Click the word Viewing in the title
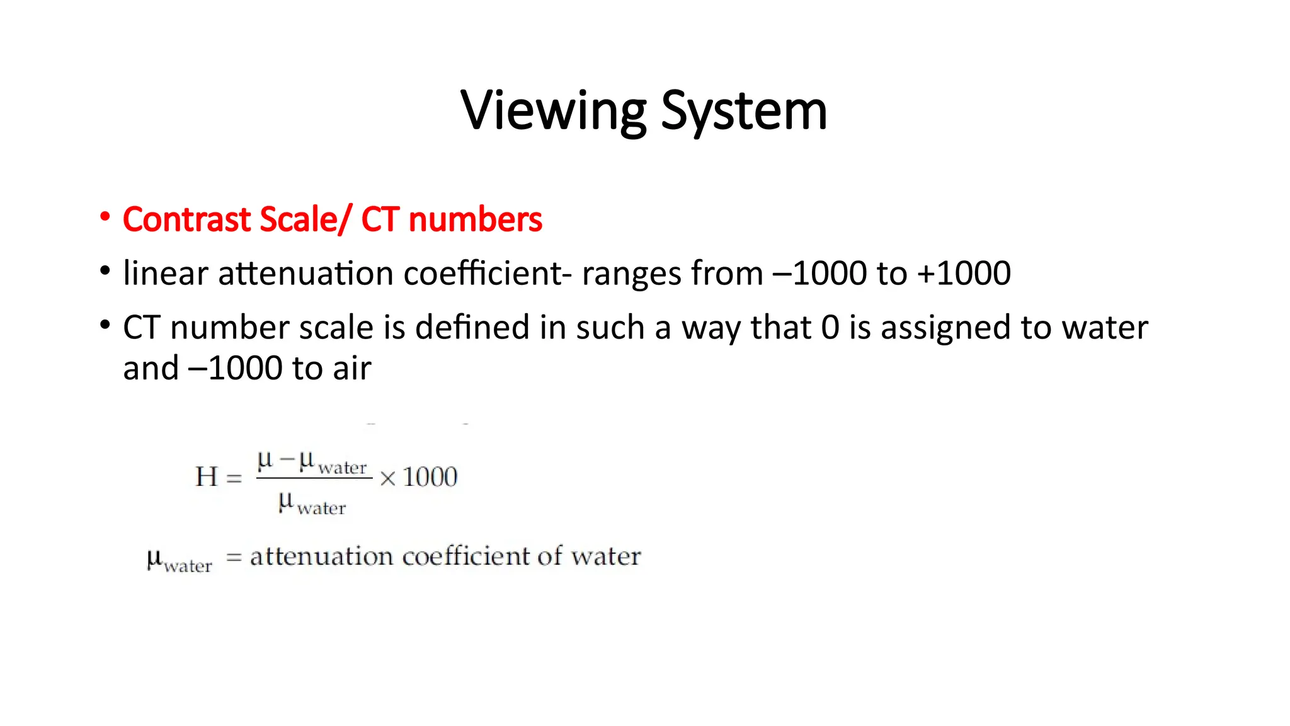pos(553,112)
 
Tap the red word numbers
pos(475,219)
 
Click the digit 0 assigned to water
pos(830,328)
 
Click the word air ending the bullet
pos(352,368)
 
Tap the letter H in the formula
pos(207,477)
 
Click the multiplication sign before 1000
pos(388,479)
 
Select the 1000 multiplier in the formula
pos(430,477)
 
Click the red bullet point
pos(105,217)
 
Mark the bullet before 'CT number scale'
pos(105,325)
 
